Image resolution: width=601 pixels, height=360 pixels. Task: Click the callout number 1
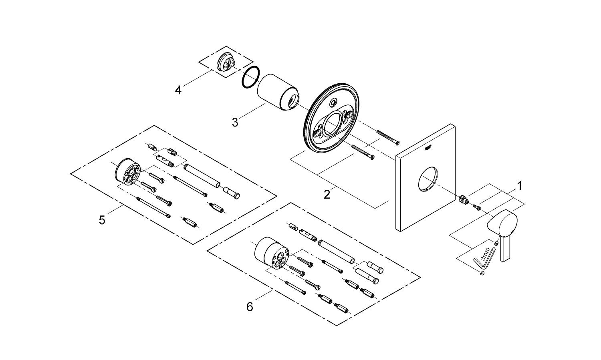coord(519,186)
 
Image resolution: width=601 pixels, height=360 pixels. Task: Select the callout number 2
coord(327,195)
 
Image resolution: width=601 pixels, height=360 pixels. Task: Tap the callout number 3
coord(235,122)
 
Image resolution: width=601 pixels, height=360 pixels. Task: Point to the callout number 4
coord(178,90)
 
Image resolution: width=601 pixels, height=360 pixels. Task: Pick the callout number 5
coord(102,220)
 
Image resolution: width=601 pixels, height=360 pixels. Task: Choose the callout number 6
coord(250,307)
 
